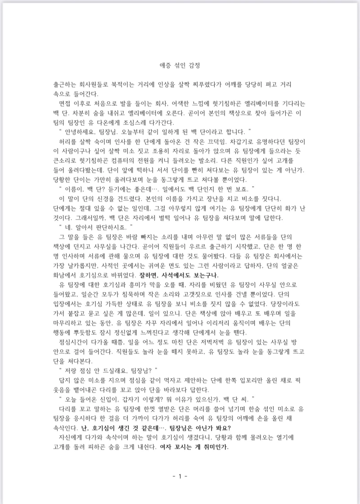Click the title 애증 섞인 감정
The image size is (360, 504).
tap(180, 66)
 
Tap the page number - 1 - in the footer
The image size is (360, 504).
tap(180, 477)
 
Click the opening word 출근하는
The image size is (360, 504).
tap(66, 84)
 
